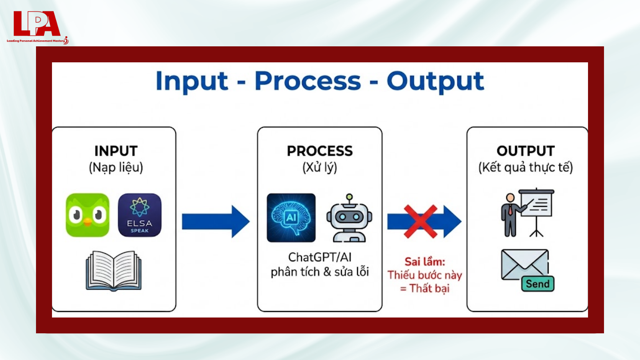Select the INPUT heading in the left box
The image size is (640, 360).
[x=116, y=151]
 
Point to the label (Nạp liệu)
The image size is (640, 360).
[x=116, y=167]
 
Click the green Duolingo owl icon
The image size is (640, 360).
[x=87, y=215]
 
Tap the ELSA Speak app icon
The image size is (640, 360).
[x=140, y=215]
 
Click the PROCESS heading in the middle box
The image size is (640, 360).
[x=320, y=151]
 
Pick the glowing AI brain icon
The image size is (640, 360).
[x=291, y=218]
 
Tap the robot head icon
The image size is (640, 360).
[x=349, y=218]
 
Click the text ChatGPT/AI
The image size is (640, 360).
[x=320, y=257]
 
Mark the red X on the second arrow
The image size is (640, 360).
[x=420, y=221]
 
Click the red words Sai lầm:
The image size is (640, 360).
[x=425, y=262]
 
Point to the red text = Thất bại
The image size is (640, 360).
[x=425, y=288]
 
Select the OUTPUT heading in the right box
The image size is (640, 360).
[x=526, y=151]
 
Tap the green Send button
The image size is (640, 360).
[x=538, y=284]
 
